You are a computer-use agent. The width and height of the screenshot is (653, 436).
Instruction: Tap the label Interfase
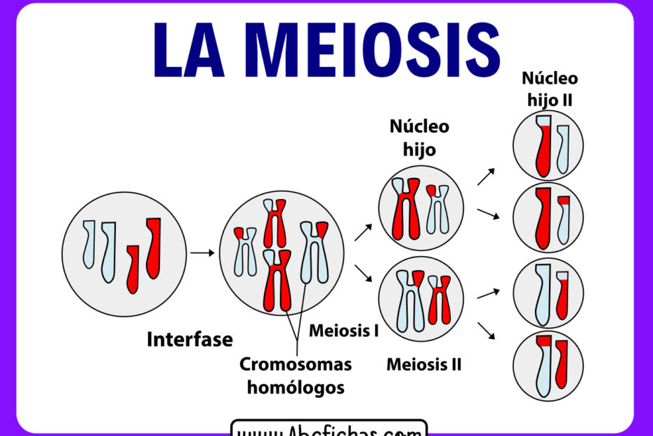pyautogui.click(x=190, y=340)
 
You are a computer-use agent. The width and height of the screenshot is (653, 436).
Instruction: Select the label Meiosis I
pyautogui.click(x=344, y=330)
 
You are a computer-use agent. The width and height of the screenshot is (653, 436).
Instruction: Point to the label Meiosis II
pyautogui.click(x=424, y=364)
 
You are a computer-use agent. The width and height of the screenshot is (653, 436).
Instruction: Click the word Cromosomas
pyautogui.click(x=296, y=364)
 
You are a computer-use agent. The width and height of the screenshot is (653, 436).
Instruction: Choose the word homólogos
pyautogui.click(x=296, y=387)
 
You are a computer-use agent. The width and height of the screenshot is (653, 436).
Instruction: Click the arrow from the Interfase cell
pyautogui.click(x=202, y=252)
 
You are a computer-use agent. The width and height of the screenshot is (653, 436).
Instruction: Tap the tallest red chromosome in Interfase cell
pyautogui.click(x=153, y=246)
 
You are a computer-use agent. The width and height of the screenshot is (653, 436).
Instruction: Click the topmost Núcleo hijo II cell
pyautogui.click(x=548, y=146)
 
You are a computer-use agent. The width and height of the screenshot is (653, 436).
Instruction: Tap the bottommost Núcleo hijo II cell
pyautogui.click(x=548, y=366)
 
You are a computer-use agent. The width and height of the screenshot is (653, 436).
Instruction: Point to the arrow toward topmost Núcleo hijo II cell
pyautogui.click(x=487, y=176)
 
